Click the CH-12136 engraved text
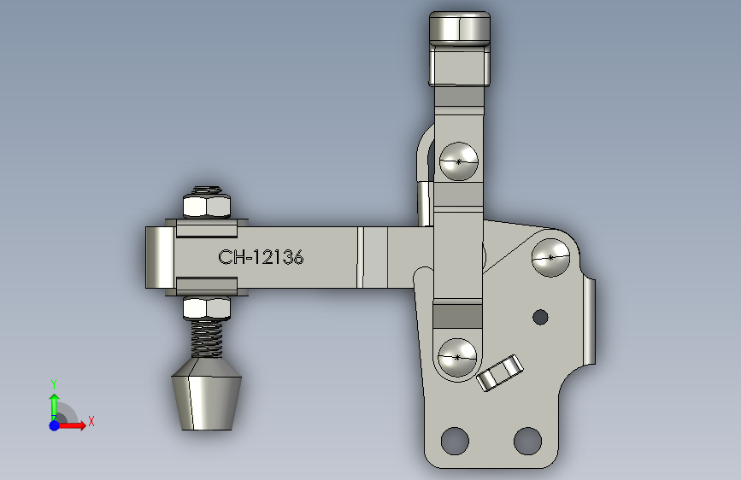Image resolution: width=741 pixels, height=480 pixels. coord(261,257)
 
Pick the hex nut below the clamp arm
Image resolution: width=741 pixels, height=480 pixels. coord(207,307)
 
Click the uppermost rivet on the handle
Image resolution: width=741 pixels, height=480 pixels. coord(459,161)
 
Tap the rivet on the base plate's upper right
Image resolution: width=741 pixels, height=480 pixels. coord(550,256)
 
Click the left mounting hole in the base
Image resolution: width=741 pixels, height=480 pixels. coord(456,441)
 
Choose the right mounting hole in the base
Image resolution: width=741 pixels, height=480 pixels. coord(527,441)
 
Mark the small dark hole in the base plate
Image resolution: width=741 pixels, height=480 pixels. coord(539,317)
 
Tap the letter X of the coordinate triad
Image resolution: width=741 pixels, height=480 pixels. coord(91,421)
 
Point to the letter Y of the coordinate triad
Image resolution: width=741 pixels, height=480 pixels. coord(53,383)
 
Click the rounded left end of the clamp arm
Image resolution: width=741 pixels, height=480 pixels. coord(158,257)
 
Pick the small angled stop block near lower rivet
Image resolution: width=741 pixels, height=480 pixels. coord(500,372)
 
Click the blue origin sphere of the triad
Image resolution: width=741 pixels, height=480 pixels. coord(54,424)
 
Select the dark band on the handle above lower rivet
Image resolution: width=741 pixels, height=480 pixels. coord(459,315)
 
